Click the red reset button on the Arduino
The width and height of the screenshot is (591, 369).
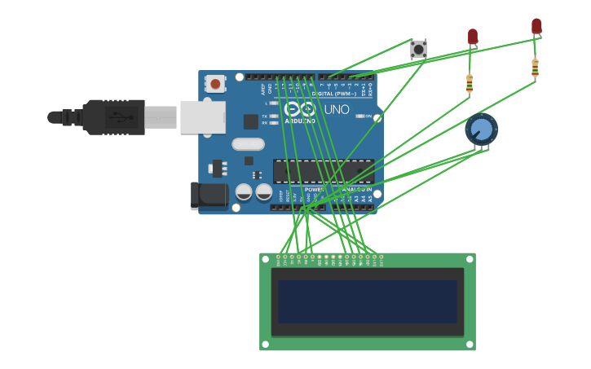(x=215, y=83)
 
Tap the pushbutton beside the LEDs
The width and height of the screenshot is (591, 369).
(x=418, y=50)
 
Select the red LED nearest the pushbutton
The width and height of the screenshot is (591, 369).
(x=472, y=37)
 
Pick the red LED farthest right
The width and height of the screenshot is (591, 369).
(x=536, y=26)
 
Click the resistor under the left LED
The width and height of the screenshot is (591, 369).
(x=469, y=82)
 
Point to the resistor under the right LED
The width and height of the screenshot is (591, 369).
(x=535, y=68)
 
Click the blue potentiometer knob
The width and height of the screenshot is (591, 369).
(x=482, y=129)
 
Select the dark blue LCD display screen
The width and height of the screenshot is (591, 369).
(x=367, y=301)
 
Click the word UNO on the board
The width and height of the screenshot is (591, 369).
(x=337, y=109)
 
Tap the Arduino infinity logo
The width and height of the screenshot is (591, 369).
(x=299, y=108)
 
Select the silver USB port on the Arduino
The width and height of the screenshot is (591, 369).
(x=202, y=116)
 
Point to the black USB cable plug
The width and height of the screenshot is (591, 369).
(x=114, y=116)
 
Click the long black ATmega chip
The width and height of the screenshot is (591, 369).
(x=323, y=171)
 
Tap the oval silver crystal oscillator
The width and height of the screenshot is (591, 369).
(x=248, y=144)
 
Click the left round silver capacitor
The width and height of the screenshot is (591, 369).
(x=244, y=192)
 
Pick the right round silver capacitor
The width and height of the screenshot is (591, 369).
(x=263, y=192)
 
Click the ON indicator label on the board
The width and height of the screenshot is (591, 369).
(x=368, y=116)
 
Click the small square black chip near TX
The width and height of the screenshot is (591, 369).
(x=251, y=121)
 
